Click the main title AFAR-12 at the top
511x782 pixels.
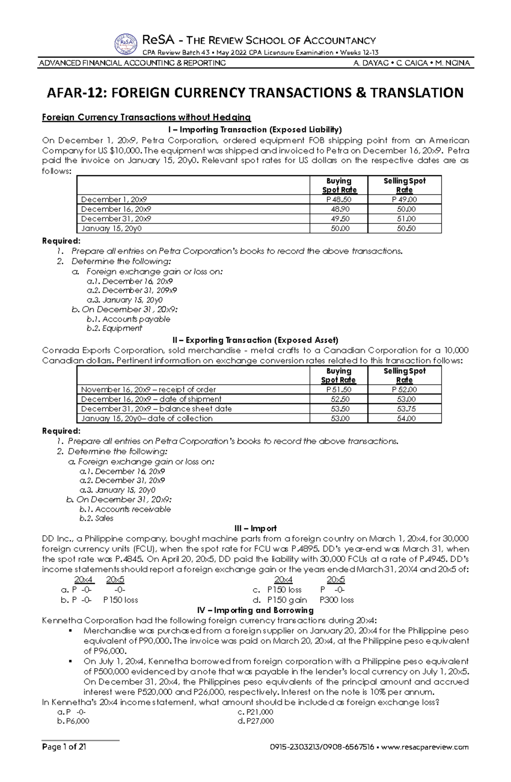[255, 93]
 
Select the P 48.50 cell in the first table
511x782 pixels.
[339, 199]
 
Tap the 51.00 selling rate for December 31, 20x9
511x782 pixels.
[404, 219]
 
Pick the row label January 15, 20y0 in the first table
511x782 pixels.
[111, 228]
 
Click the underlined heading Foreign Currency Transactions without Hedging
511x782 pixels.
[146, 117]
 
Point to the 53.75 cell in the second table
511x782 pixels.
[404, 409]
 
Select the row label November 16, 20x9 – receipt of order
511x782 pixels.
[148, 390]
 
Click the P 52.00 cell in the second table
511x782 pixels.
[404, 390]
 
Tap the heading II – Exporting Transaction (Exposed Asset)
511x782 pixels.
[255, 340]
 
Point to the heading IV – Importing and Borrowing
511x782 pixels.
[255, 610]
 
